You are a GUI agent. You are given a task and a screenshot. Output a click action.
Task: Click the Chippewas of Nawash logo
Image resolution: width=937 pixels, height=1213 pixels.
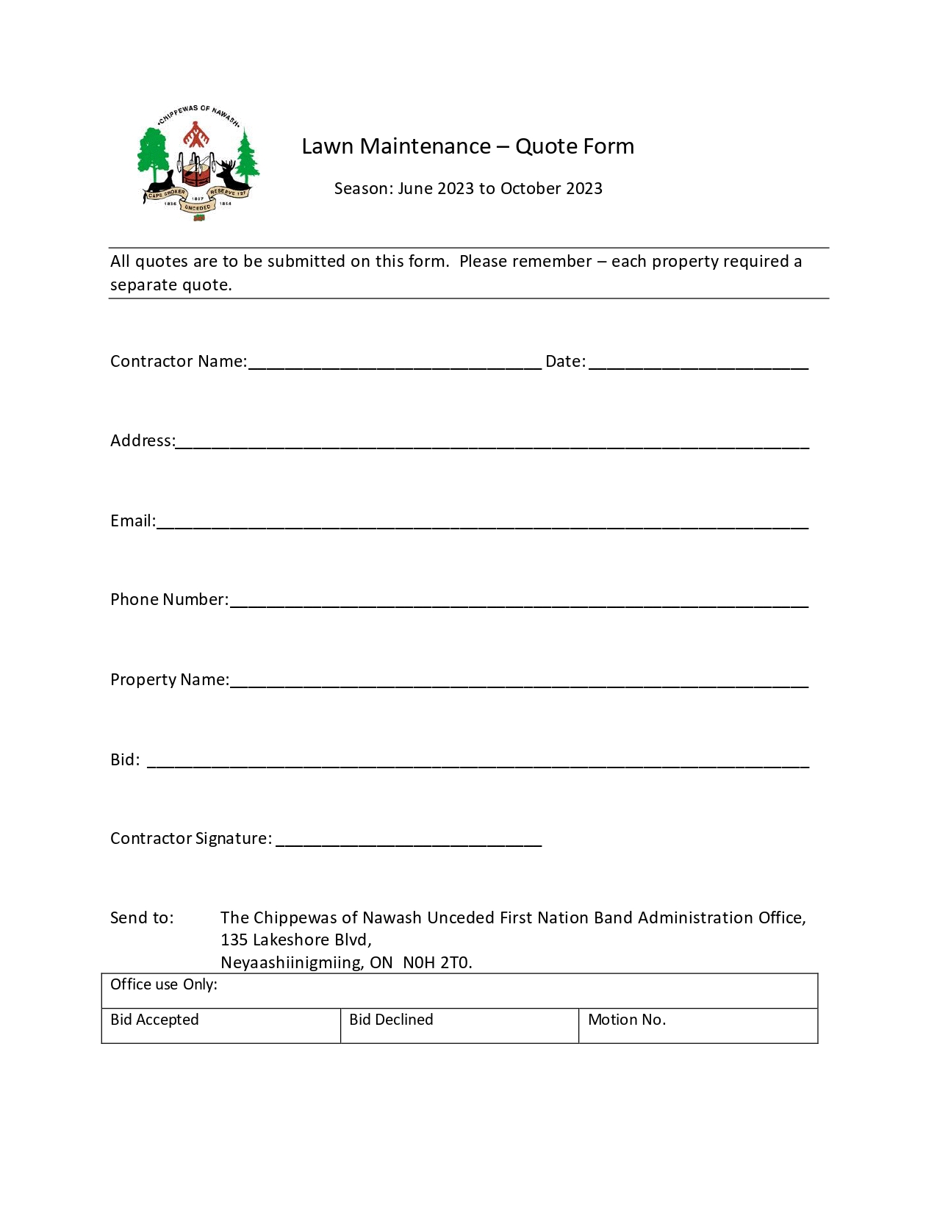pos(198,163)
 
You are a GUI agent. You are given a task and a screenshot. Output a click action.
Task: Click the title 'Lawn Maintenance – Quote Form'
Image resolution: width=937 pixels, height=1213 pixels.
pos(467,146)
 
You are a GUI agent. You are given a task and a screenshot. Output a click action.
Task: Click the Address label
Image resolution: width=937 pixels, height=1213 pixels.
pos(143,441)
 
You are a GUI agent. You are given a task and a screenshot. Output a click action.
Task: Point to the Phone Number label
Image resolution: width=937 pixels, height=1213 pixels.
pos(169,600)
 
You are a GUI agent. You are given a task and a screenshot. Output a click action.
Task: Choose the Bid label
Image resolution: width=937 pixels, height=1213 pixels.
pos(124,760)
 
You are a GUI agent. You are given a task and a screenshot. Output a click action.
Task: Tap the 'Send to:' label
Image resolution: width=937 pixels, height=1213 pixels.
pos(142,918)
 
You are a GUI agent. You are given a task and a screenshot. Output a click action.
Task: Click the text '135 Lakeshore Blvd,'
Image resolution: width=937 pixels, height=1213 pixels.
pos(296,940)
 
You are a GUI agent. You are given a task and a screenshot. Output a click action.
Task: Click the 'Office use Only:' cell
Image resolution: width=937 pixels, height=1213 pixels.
pos(459,990)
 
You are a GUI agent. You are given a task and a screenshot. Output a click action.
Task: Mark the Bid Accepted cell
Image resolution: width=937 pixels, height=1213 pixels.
pos(220,1026)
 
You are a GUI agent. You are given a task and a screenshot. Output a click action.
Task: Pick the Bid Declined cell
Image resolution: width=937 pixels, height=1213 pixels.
pos(459,1026)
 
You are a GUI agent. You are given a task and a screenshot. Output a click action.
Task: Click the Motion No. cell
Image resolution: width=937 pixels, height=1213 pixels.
pos(698,1026)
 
